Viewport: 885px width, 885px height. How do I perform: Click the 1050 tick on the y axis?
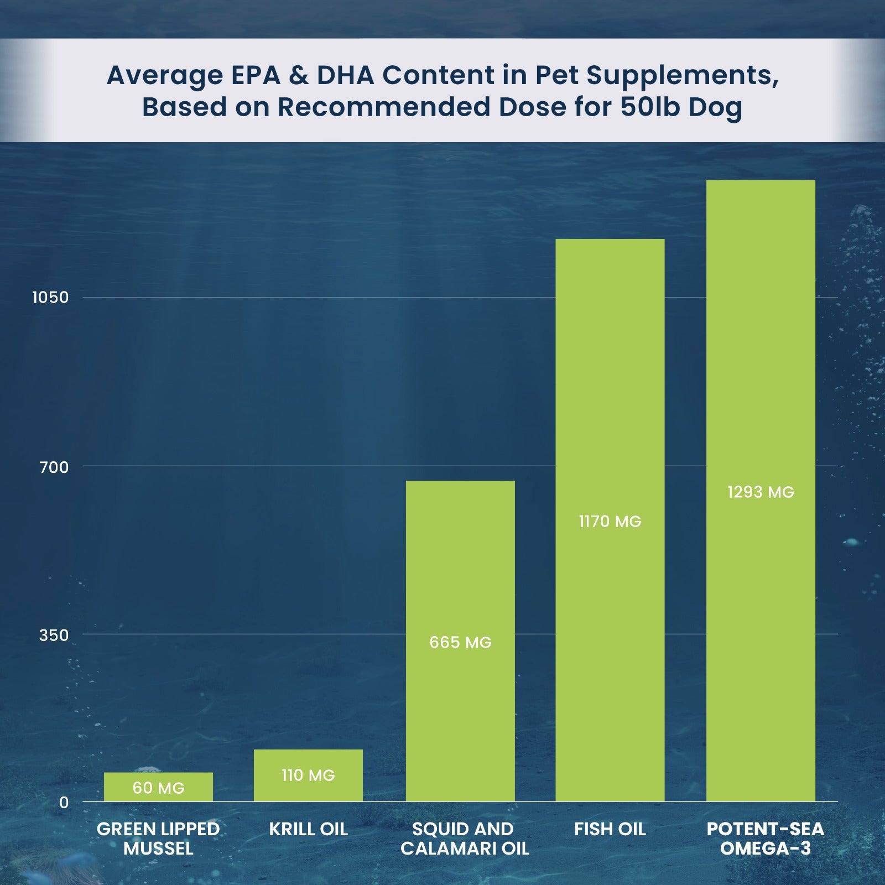pyautogui.click(x=50, y=298)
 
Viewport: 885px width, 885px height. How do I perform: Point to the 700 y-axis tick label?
pyautogui.click(x=54, y=467)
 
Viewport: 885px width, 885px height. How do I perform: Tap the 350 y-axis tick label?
pyautogui.click(x=54, y=635)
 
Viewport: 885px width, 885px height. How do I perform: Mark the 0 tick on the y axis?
pyautogui.click(x=64, y=803)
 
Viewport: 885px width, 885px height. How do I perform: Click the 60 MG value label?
pyautogui.click(x=158, y=788)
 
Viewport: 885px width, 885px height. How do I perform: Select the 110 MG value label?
pyautogui.click(x=308, y=775)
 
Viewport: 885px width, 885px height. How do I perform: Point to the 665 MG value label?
pyautogui.click(x=460, y=642)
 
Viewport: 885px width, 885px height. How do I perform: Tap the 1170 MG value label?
pyautogui.click(x=610, y=522)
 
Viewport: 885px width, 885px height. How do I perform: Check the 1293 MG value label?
pyautogui.click(x=761, y=492)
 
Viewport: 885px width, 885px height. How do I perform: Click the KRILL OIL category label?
pyautogui.click(x=308, y=829)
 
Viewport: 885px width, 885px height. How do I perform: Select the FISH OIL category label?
pyautogui.click(x=610, y=829)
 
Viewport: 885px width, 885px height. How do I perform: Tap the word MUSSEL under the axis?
pyautogui.click(x=158, y=848)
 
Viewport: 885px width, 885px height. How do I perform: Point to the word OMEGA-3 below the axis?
pyautogui.click(x=765, y=848)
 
